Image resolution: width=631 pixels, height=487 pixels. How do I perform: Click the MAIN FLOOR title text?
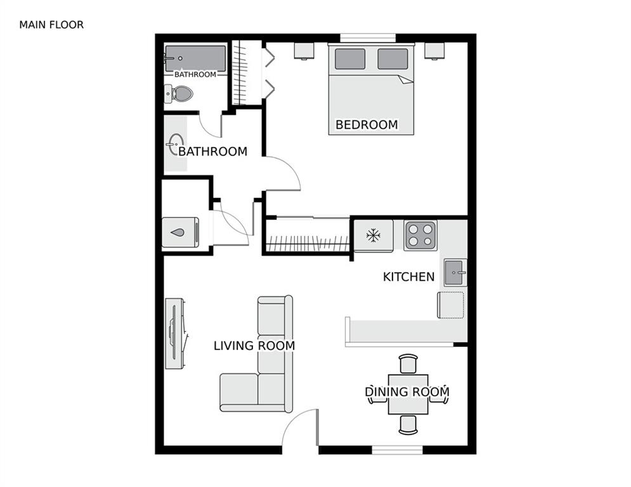[x=51, y=25]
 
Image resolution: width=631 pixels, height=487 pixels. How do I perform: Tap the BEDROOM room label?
[x=367, y=125]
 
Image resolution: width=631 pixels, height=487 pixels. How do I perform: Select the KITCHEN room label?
[x=409, y=276]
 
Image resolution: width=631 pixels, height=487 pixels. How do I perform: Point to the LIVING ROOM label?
[x=254, y=346]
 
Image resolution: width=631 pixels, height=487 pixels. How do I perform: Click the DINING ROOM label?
[x=407, y=392]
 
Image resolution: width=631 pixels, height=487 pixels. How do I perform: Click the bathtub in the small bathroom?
[x=195, y=58]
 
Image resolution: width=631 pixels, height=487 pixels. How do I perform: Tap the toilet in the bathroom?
[x=179, y=94]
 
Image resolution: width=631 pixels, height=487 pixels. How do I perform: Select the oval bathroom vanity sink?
[x=176, y=144]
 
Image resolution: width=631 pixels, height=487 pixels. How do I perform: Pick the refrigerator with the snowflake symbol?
[x=374, y=236]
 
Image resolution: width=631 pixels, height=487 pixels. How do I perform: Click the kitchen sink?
[x=455, y=272]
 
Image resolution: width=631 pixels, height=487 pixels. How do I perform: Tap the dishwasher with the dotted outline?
[x=450, y=305]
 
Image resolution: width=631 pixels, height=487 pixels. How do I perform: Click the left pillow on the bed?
[x=349, y=58]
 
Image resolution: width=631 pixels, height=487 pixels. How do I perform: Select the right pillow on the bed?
[x=393, y=58]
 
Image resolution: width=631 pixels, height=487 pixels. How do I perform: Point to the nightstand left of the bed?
[x=304, y=51]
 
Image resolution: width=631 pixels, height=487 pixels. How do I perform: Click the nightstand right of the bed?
[x=434, y=51]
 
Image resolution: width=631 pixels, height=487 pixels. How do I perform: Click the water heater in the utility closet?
[x=180, y=232]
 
